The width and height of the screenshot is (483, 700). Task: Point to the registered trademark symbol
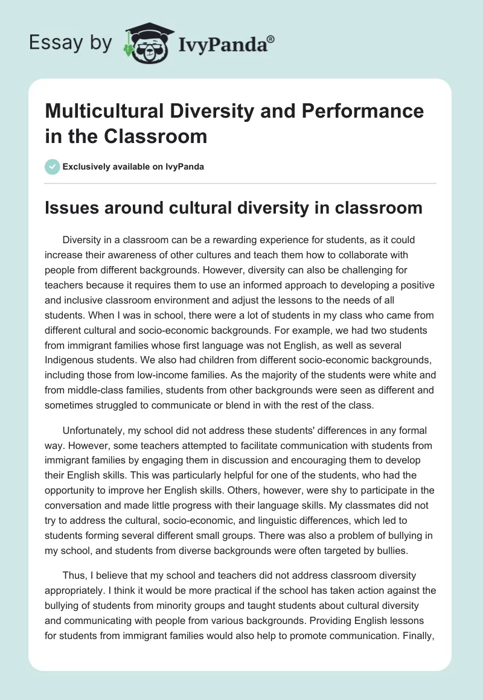coord(271,39)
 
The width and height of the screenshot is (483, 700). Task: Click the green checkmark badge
coord(53,167)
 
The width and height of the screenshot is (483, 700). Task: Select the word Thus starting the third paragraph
coord(72,576)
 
